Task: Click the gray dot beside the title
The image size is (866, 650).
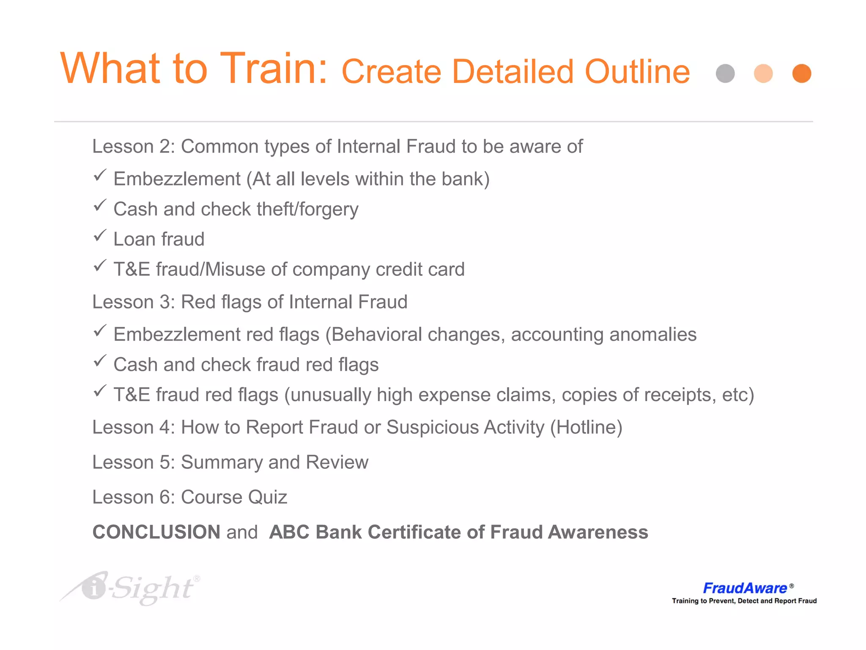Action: click(725, 74)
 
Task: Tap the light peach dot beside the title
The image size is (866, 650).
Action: click(763, 74)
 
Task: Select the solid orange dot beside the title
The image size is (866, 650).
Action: click(801, 74)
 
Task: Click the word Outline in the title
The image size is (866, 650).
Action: click(637, 72)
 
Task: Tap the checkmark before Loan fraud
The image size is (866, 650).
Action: click(100, 235)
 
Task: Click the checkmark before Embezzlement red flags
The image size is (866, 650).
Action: click(100, 331)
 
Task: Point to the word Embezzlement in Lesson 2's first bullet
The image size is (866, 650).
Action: click(177, 179)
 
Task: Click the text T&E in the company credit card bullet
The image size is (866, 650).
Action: click(132, 270)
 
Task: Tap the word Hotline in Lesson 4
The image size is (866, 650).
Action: click(586, 427)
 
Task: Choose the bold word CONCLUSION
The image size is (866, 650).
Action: click(156, 532)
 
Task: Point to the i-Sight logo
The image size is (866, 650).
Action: click(131, 588)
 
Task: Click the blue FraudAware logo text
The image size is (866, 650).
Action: click(745, 588)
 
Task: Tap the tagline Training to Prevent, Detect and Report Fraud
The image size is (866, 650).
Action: click(744, 601)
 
